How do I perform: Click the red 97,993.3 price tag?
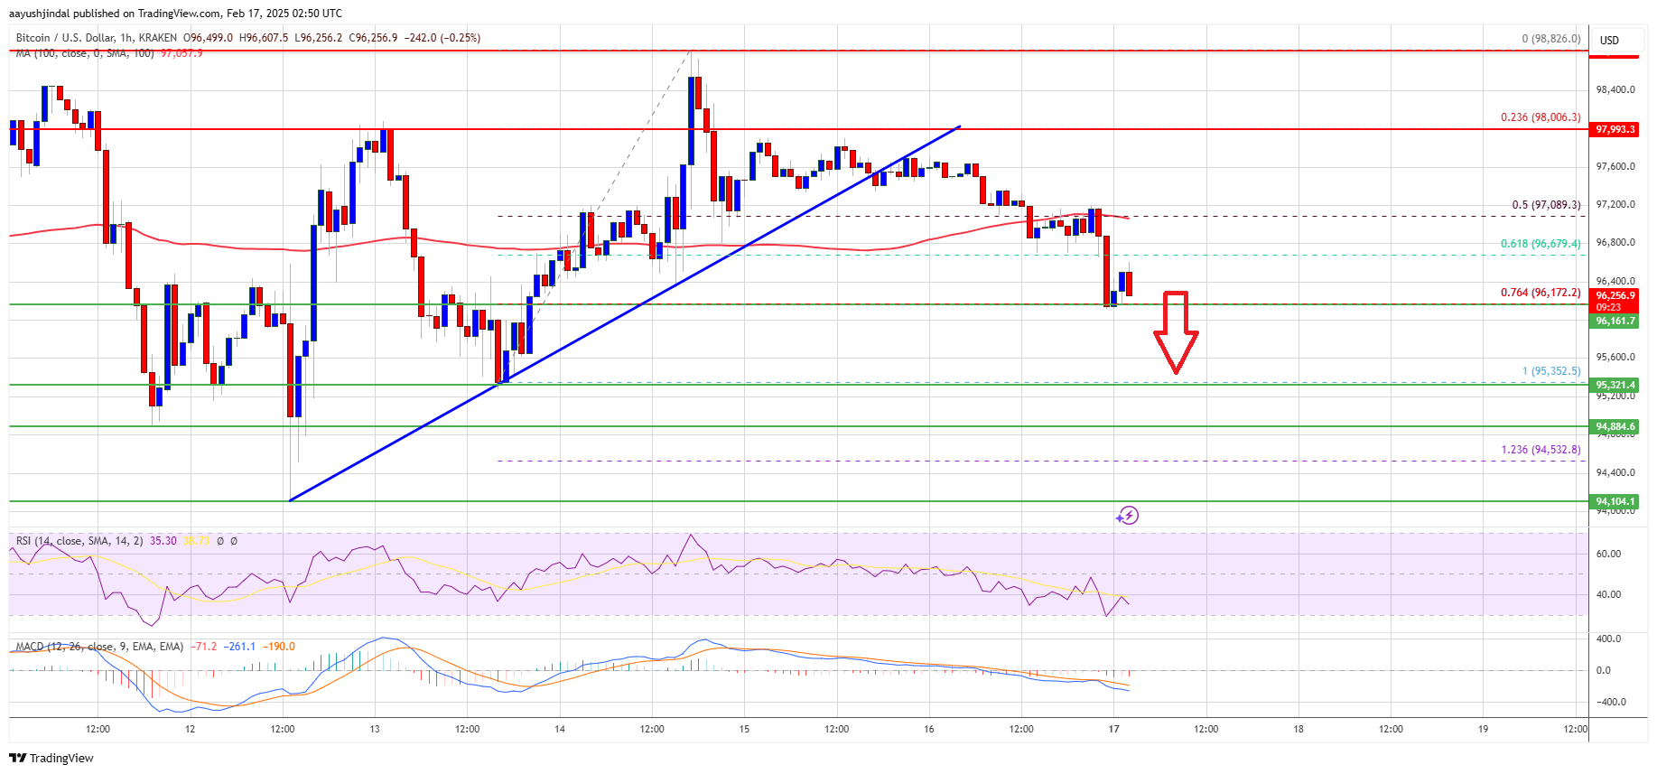click(1615, 129)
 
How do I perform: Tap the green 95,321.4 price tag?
click(1615, 385)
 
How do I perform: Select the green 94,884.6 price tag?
click(1615, 426)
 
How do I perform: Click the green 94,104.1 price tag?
click(1615, 501)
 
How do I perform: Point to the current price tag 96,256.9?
click(1615, 295)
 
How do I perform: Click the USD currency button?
click(1609, 41)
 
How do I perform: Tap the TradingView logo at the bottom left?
click(52, 758)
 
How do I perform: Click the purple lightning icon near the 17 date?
click(1127, 516)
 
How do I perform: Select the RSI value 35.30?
click(163, 541)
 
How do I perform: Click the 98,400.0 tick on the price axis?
click(1615, 89)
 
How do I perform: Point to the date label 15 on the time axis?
click(744, 729)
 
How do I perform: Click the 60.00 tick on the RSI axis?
click(1608, 554)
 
